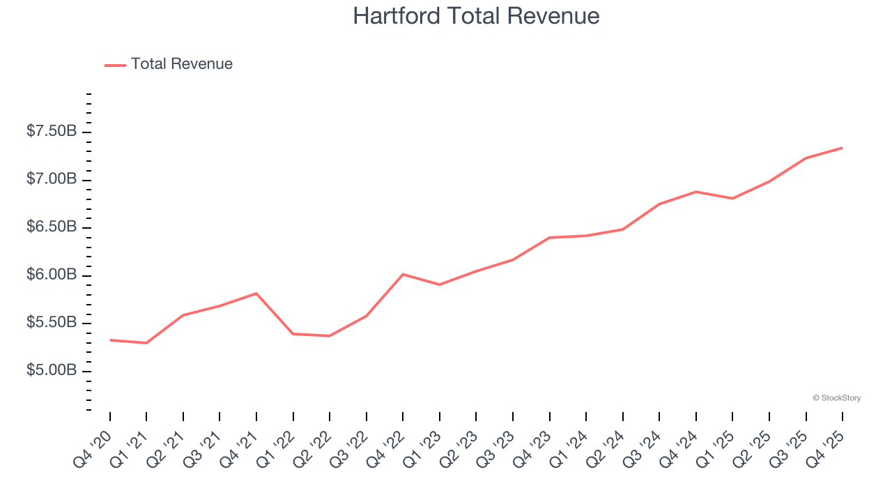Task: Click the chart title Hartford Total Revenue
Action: [x=476, y=16]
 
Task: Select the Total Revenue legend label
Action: [x=181, y=64]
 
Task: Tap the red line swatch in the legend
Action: [x=115, y=65]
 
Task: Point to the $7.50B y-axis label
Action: [x=52, y=132]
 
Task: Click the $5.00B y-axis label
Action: [x=52, y=370]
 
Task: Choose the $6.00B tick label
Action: [x=52, y=275]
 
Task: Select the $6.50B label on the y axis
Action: [x=52, y=227]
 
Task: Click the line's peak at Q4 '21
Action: [x=256, y=294]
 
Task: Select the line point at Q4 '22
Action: [x=403, y=274]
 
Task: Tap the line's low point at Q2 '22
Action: [x=330, y=336]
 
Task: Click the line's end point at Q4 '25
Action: [x=842, y=148]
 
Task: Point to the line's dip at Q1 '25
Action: [x=732, y=199]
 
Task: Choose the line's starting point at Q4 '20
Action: [x=110, y=340]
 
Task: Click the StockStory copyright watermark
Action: [x=836, y=398]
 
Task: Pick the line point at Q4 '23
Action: [x=549, y=238]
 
